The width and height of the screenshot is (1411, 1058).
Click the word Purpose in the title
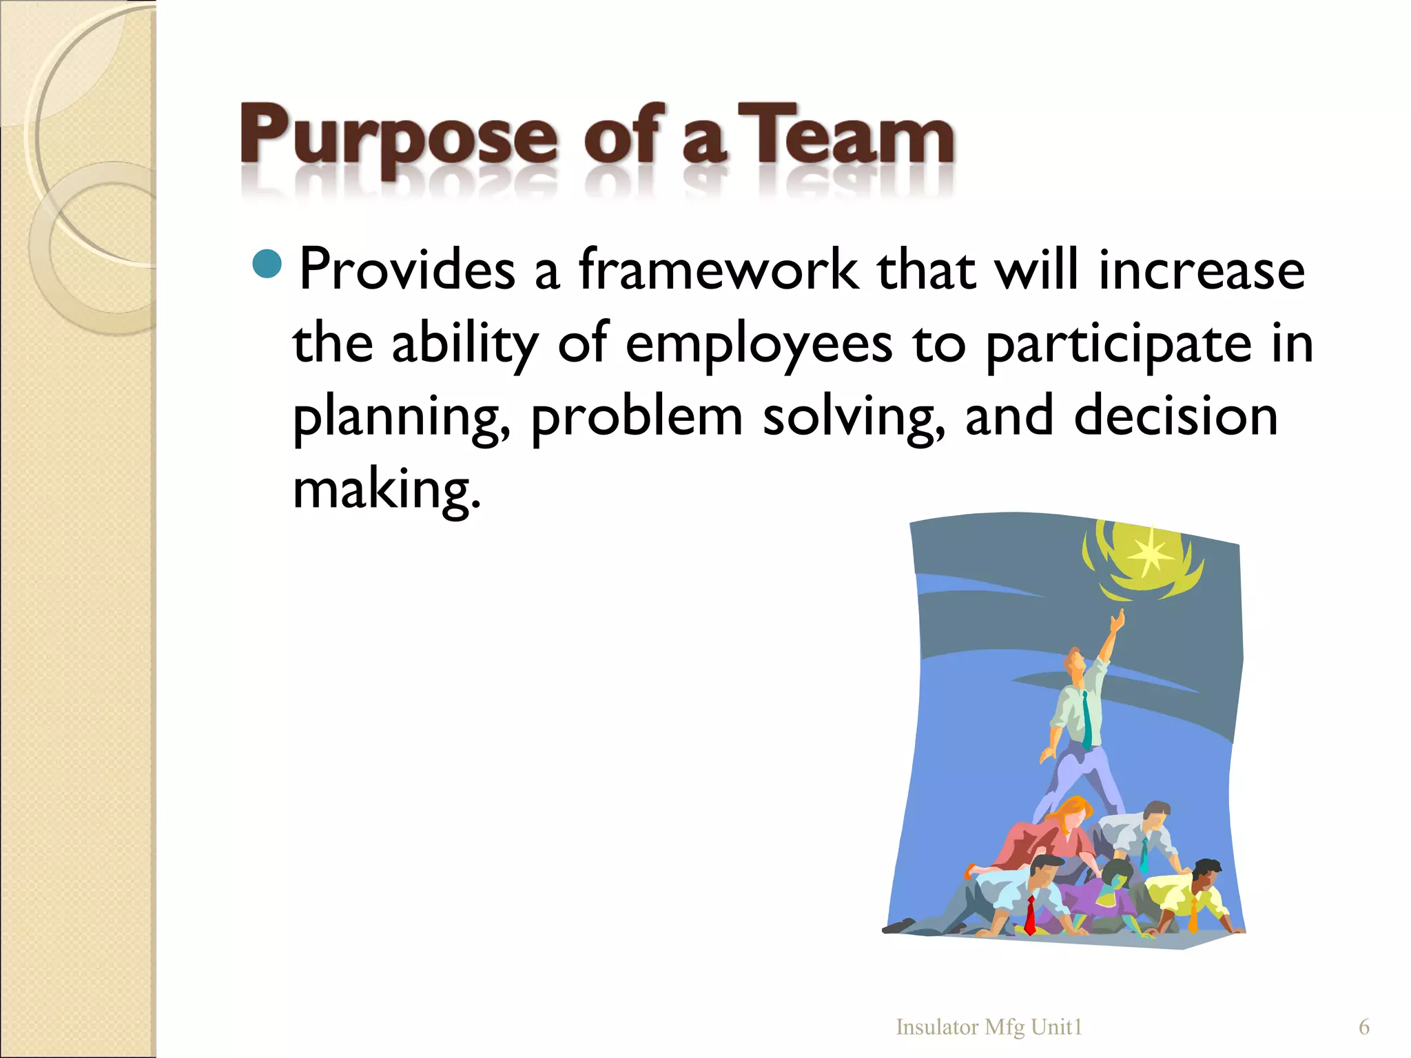[398, 138]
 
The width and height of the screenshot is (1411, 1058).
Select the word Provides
[407, 269]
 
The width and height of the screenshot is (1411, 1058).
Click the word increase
[1201, 269]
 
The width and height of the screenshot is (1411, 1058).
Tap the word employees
[759, 344]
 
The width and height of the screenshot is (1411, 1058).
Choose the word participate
[1118, 344]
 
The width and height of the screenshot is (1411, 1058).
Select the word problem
[637, 418]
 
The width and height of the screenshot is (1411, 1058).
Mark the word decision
[1175, 417]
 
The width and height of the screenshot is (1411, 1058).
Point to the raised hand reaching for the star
[1118, 621]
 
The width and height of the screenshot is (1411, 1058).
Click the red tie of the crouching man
[1030, 915]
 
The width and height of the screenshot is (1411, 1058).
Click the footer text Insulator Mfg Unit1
[989, 1027]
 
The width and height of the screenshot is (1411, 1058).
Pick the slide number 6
[1363, 1027]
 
